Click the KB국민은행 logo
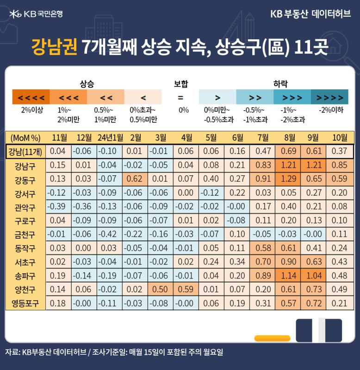click(x=36, y=14)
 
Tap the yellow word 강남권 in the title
click(x=54, y=47)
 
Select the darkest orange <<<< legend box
click(x=31, y=97)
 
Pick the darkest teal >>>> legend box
click(x=329, y=97)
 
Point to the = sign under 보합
click(x=180, y=98)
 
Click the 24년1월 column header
click(x=110, y=137)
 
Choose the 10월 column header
click(x=340, y=137)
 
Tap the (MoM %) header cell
click(x=25, y=138)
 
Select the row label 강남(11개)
click(x=25, y=152)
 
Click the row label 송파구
click(x=25, y=276)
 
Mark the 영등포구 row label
click(x=25, y=303)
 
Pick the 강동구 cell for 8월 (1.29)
click(x=288, y=179)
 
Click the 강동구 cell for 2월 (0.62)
click(x=135, y=179)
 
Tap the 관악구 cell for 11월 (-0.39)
click(x=58, y=206)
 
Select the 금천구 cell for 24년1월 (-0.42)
click(x=109, y=234)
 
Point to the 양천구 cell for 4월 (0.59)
click(x=186, y=290)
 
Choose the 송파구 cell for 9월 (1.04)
click(x=314, y=276)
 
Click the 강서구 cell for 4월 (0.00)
click(x=186, y=193)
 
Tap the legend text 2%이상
click(x=32, y=110)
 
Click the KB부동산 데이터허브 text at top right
click(x=310, y=14)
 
